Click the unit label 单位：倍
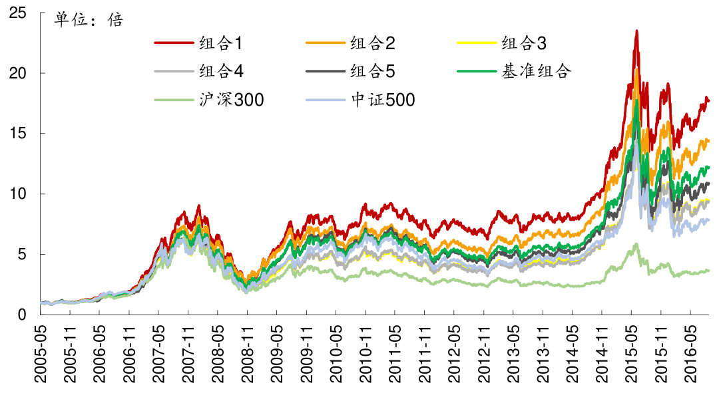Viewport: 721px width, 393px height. pyautogui.click(x=89, y=20)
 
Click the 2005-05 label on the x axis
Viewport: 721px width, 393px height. pyautogui.click(x=41, y=352)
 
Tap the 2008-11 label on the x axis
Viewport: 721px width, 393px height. pyautogui.click(x=248, y=352)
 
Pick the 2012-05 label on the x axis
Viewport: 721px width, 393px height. pyautogui.click(x=454, y=352)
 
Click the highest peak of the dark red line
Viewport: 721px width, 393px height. pyautogui.click(x=636, y=31)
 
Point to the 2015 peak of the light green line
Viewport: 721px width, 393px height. pyautogui.click(x=636, y=244)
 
